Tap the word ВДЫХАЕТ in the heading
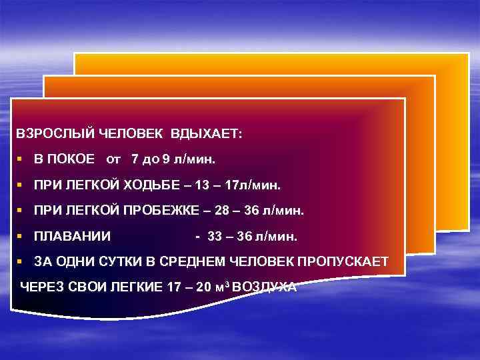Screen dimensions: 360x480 tap(207, 133)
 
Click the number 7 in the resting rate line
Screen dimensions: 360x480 tap(136, 160)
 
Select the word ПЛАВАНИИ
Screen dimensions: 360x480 tap(72, 236)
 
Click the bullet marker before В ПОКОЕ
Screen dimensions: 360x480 tap(21, 160)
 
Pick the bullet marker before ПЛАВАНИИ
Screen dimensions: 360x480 tap(21, 236)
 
